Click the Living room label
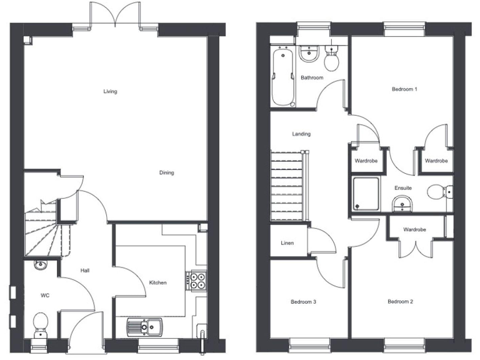110,92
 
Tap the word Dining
166,173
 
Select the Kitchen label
157,283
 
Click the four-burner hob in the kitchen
196,280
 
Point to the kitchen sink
145,327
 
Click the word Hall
86,271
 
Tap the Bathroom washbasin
309,56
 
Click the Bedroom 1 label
404,89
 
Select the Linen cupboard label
287,243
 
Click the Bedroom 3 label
303,302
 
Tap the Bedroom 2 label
400,302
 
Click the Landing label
301,134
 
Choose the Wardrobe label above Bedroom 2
414,229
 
